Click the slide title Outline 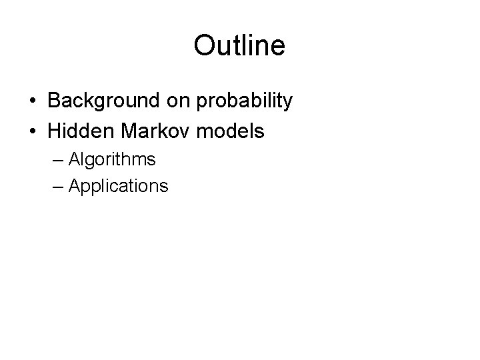(239, 45)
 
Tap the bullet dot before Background (32, 101)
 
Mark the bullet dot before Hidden (32, 131)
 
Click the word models (231, 131)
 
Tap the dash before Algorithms (57, 160)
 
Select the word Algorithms (112, 160)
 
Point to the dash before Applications (57, 186)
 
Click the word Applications (118, 186)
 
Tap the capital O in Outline (203, 45)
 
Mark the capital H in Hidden (55, 131)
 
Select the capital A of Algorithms (73, 159)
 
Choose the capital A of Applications (73, 185)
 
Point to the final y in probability (287, 103)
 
